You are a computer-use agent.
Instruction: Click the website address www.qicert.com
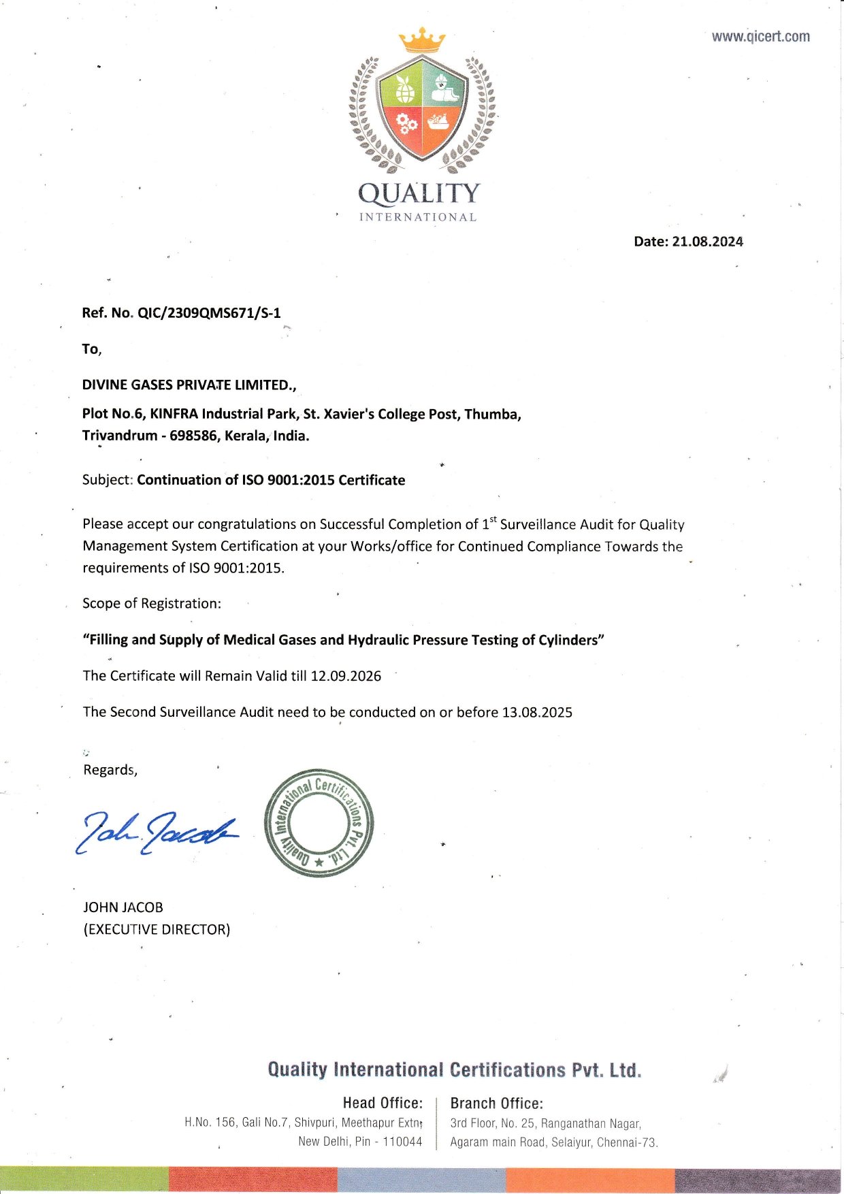click(760, 37)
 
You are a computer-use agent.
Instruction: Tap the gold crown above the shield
click(422, 41)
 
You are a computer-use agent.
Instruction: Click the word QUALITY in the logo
click(419, 194)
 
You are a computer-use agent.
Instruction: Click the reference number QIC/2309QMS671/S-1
click(209, 313)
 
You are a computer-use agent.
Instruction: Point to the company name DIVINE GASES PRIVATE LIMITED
click(189, 385)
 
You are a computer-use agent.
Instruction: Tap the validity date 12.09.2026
click(346, 677)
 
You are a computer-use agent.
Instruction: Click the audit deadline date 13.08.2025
click(537, 713)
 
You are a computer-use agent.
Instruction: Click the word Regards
click(110, 770)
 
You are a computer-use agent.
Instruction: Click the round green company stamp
click(319, 823)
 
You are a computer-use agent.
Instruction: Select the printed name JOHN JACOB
click(123, 907)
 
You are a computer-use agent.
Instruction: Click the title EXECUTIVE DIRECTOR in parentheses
click(157, 930)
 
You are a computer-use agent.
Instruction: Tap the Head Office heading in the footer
click(383, 1103)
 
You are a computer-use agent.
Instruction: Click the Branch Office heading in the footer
click(497, 1103)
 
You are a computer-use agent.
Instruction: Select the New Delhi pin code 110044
click(402, 1142)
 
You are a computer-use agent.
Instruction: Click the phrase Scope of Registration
click(152, 604)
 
